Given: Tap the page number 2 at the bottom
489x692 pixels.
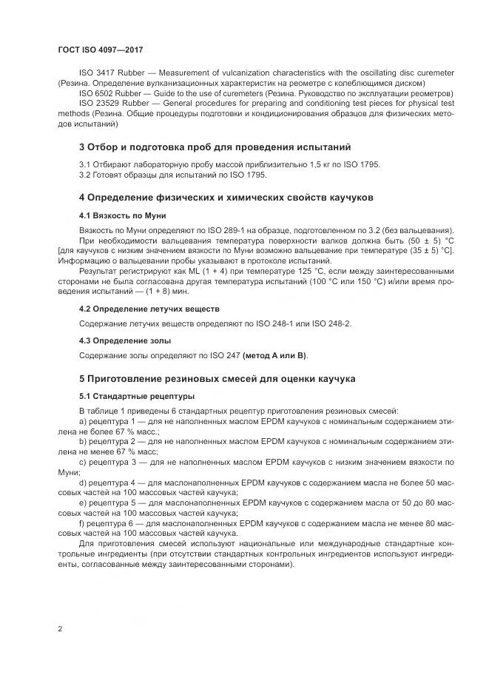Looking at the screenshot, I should [x=60, y=628].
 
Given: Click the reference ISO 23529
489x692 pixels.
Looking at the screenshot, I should [x=98, y=104].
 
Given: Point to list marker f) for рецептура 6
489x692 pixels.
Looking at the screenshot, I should [x=82, y=523].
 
